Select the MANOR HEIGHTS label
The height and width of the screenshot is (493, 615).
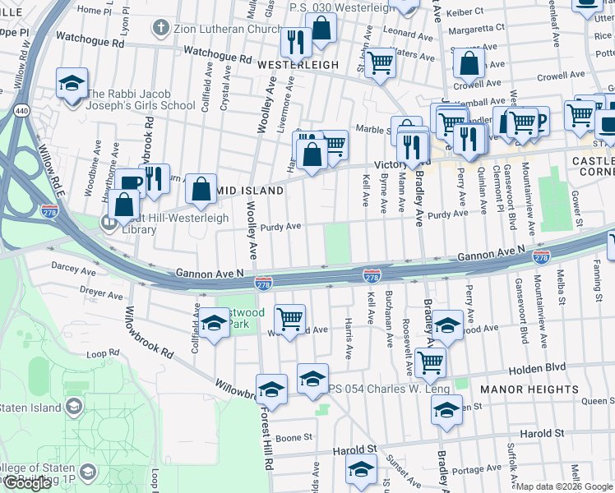tap(541, 389)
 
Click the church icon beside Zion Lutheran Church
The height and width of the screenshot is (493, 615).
tap(160, 28)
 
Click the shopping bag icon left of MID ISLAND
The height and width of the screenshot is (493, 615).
tap(201, 189)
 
